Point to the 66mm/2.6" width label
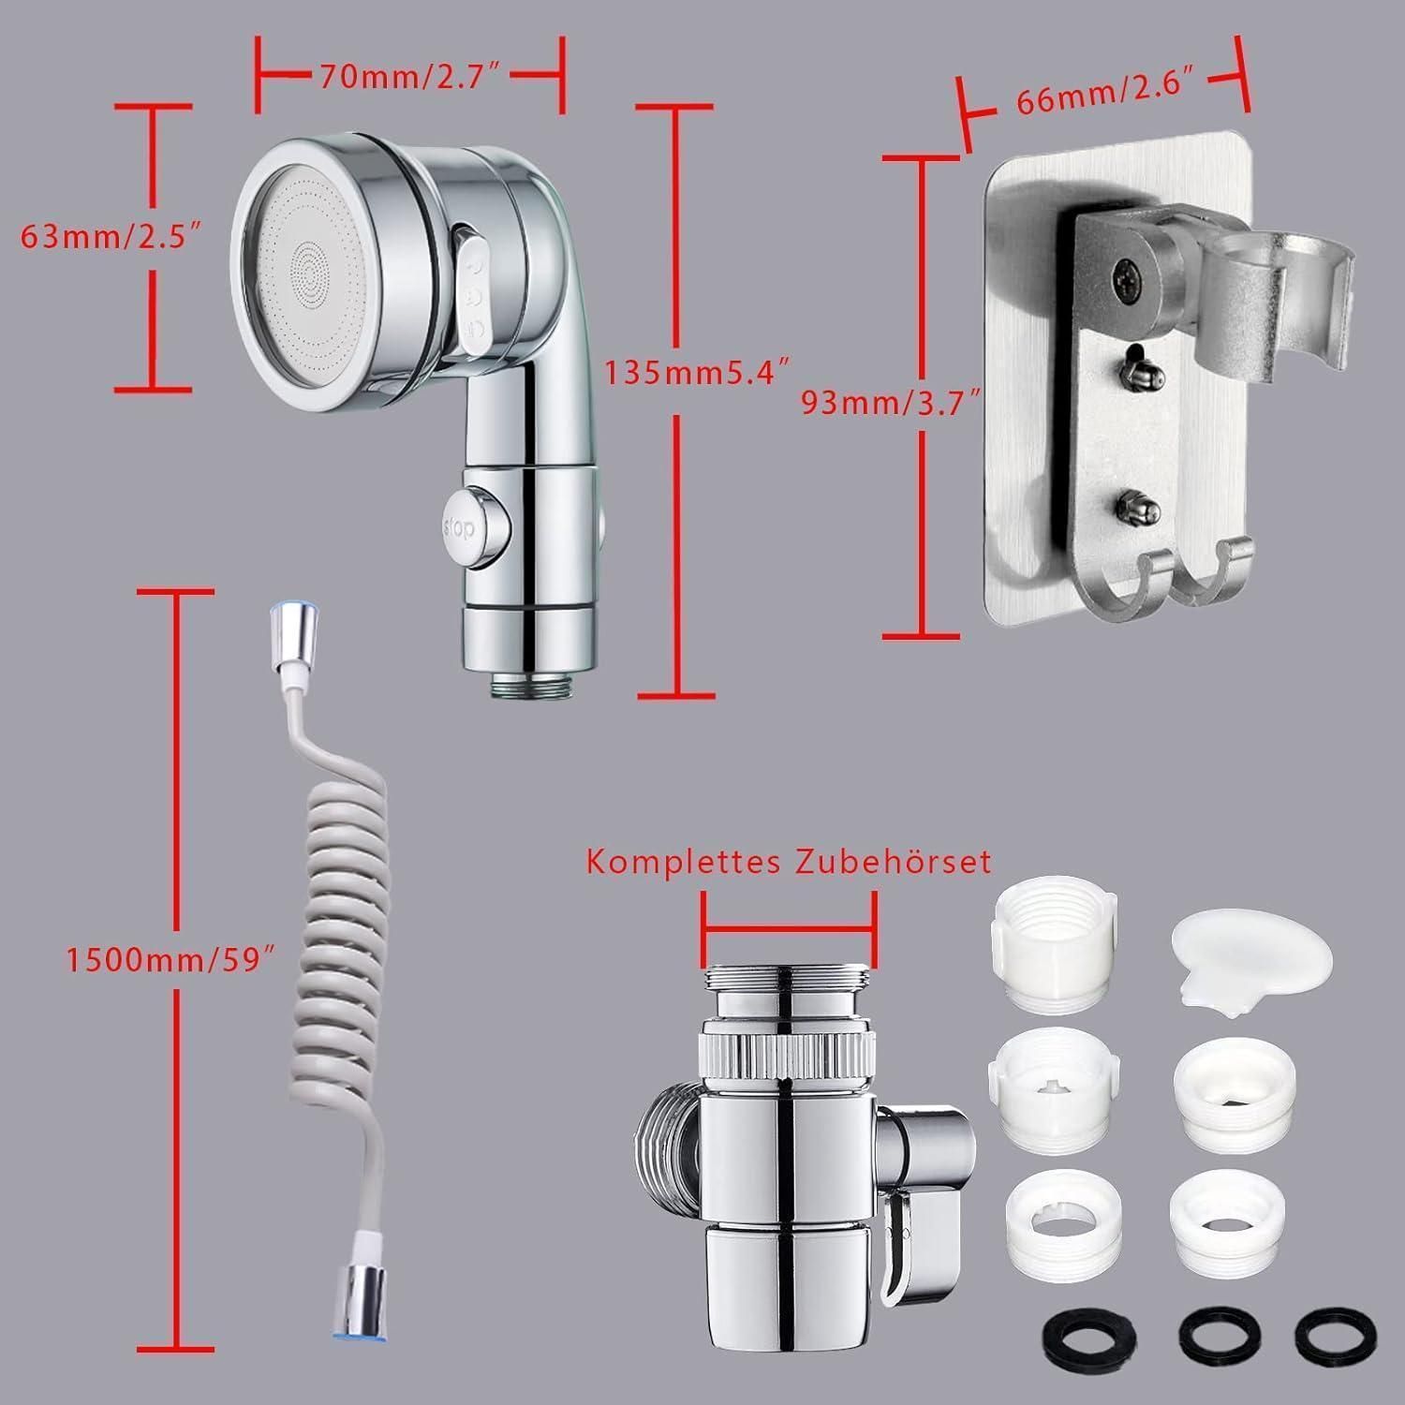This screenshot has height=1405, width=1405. click(x=1110, y=98)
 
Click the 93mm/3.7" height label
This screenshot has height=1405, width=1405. click(x=891, y=403)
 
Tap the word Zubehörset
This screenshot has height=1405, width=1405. click(x=893, y=860)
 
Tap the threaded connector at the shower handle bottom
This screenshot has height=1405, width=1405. click(x=529, y=683)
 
